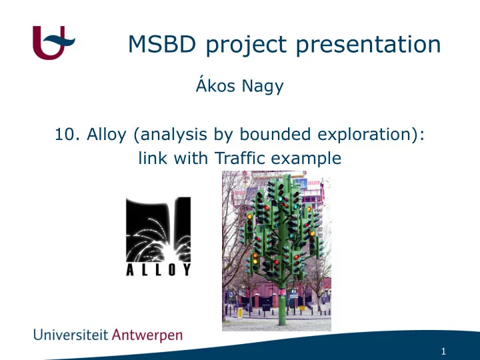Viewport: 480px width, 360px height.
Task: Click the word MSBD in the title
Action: (x=162, y=44)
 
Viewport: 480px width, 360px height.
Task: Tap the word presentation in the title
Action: (x=368, y=45)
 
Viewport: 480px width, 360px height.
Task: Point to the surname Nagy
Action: (x=263, y=86)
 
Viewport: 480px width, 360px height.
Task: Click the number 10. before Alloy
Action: (x=67, y=134)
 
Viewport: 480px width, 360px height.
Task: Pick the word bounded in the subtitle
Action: (x=275, y=134)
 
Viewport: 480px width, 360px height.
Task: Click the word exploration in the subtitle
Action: (x=367, y=135)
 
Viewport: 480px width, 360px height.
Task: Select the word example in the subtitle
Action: (x=306, y=159)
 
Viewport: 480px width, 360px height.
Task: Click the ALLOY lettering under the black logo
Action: (x=159, y=269)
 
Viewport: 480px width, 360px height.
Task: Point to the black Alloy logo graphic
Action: (x=159, y=229)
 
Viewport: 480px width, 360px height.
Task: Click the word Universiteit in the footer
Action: (x=71, y=335)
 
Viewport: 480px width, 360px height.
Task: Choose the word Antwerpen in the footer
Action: (x=147, y=335)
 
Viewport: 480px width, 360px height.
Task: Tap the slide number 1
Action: (x=443, y=351)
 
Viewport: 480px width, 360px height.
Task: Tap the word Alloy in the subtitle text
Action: (x=107, y=135)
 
